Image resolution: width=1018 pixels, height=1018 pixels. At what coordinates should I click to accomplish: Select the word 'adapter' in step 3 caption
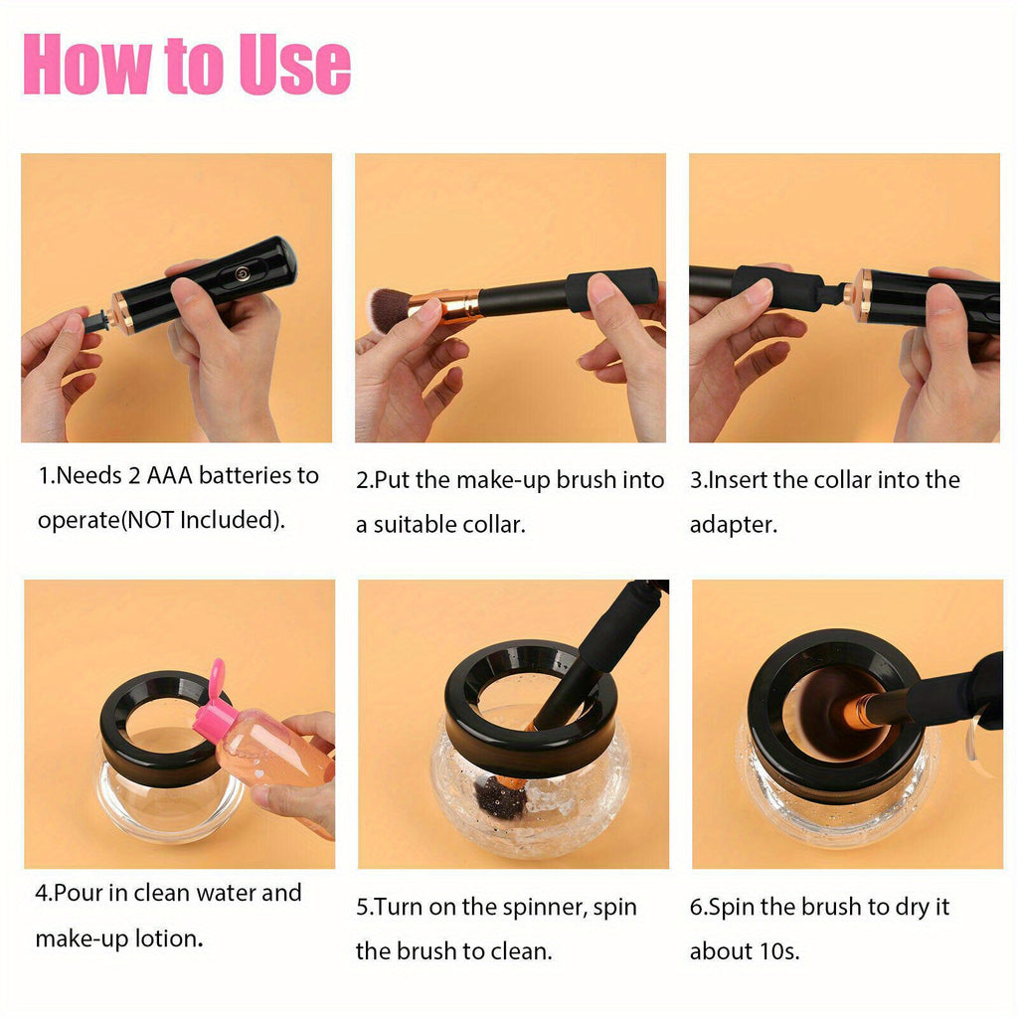coord(733,525)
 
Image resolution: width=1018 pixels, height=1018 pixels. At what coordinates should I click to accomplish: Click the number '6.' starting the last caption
coord(698,908)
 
